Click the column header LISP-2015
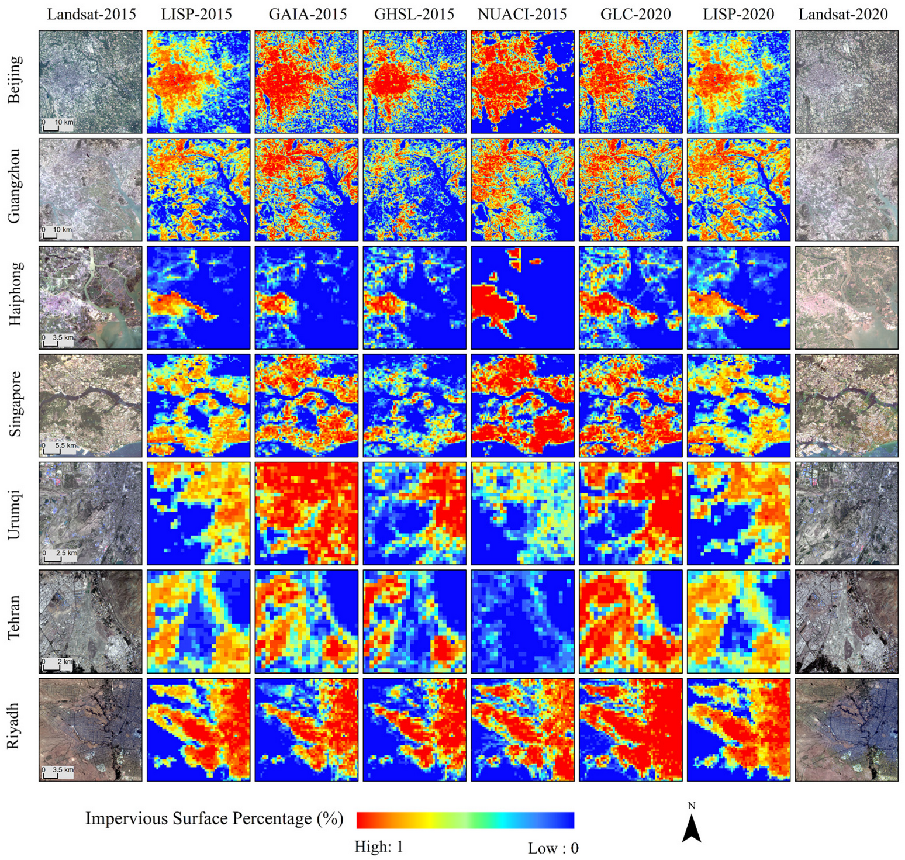coord(196,14)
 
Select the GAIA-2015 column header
coord(308,14)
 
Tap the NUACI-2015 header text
coord(522,14)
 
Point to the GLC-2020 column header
coord(635,14)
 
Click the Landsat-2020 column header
coord(843,14)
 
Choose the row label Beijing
coord(15,80)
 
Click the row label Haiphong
coord(15,293)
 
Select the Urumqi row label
coord(15,514)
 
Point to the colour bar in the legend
coord(465,820)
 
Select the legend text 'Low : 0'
coord(553,848)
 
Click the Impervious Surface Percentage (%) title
coord(214,818)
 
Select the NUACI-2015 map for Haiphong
coord(523,298)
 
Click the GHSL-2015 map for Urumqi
coord(414,514)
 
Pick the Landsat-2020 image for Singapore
coord(847,406)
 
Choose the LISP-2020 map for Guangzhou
coord(738,190)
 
